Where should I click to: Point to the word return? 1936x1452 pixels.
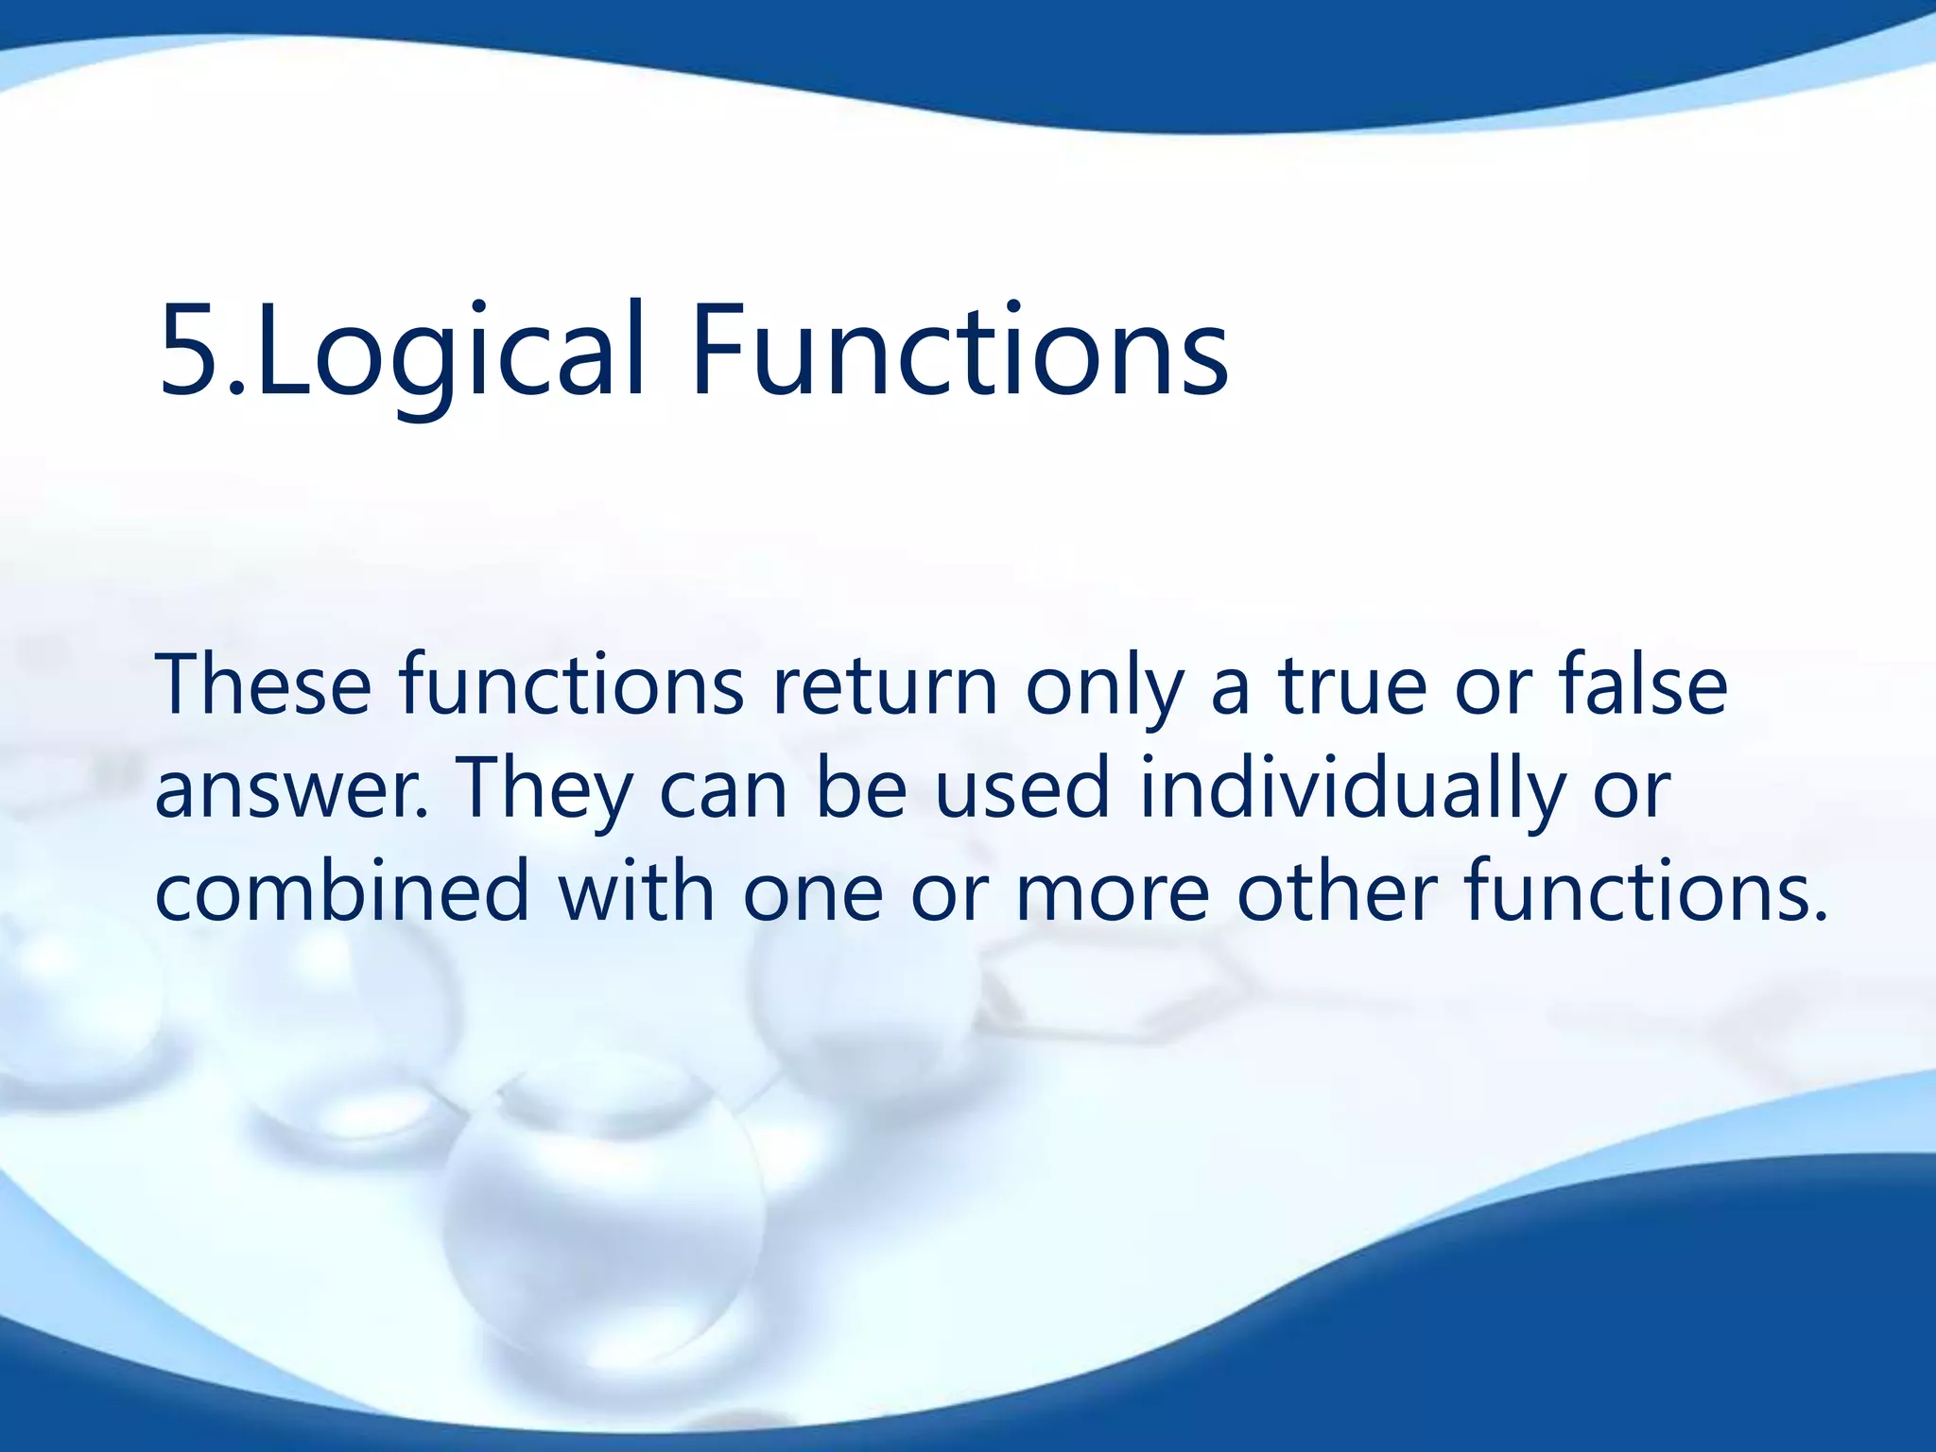[x=885, y=684]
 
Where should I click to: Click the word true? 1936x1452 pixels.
[x=1352, y=684]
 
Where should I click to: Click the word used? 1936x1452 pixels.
[x=1021, y=788]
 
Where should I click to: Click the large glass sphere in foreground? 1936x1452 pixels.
[x=605, y=1219]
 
